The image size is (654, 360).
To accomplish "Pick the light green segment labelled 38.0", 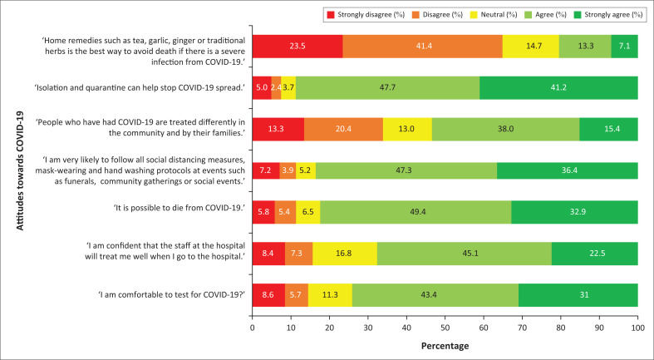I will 505,128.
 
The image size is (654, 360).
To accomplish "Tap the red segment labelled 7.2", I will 266,169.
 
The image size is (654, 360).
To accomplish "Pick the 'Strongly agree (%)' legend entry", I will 603,15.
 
